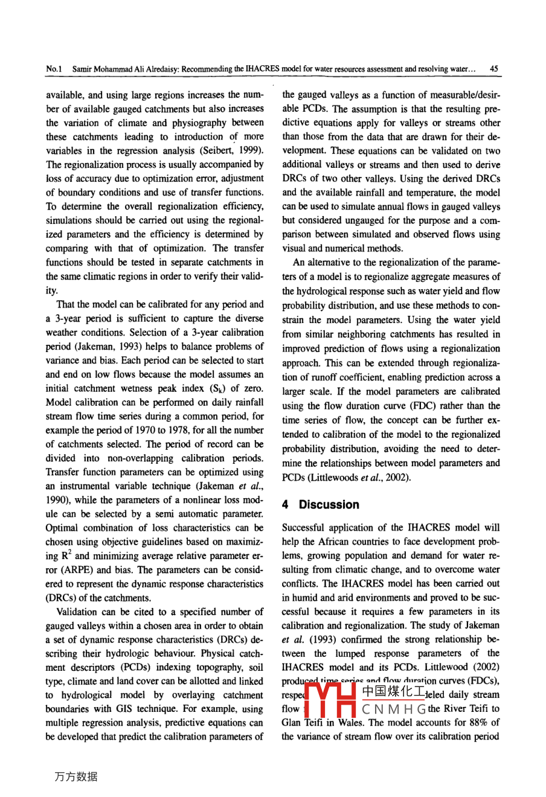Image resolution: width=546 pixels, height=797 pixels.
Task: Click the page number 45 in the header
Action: [493, 69]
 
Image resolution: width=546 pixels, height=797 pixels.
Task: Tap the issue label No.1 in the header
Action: [54, 69]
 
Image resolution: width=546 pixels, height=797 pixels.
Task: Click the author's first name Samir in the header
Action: [83, 69]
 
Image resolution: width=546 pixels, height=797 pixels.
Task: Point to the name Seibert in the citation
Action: [223, 150]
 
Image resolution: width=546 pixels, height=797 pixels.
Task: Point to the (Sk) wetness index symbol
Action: [218, 388]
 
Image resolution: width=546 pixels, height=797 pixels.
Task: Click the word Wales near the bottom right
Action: [350, 723]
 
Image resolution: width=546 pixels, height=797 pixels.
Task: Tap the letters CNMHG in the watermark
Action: [393, 709]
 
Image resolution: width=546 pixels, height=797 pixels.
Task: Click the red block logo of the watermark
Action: [329, 700]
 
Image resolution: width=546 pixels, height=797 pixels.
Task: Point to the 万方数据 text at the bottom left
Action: [75, 777]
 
